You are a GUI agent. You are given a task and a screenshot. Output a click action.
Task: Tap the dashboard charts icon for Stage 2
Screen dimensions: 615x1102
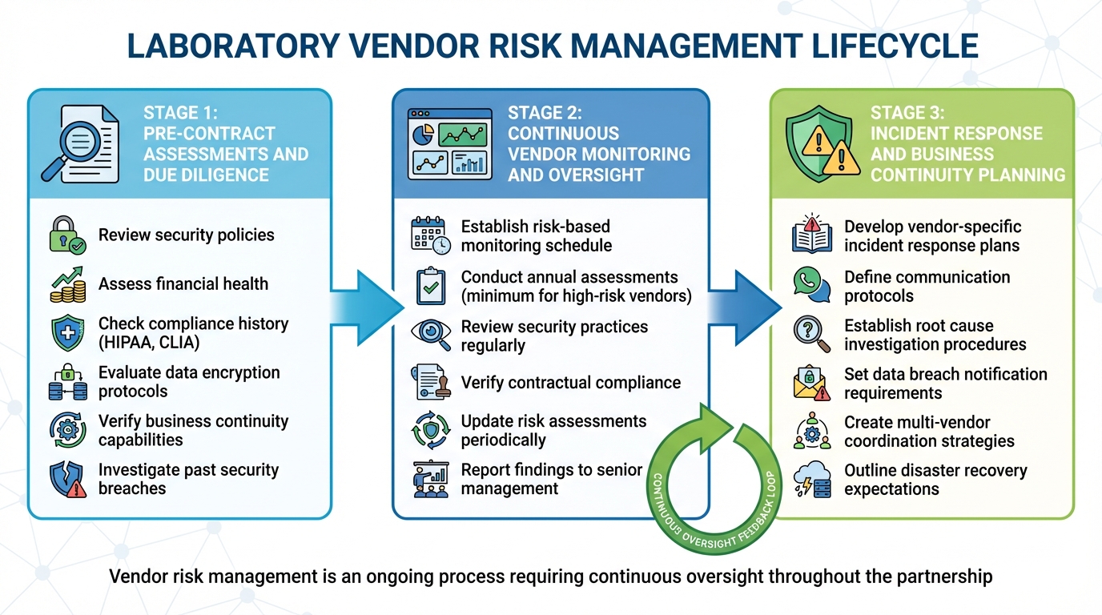click(448, 143)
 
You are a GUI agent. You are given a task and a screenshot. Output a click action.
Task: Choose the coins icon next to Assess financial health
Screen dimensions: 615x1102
click(67, 284)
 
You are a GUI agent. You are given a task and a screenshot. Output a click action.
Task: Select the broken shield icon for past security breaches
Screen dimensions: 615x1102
click(67, 480)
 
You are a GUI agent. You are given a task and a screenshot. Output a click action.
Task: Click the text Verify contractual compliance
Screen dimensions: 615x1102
click(570, 383)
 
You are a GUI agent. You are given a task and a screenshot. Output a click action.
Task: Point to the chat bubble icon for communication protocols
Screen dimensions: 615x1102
click(811, 286)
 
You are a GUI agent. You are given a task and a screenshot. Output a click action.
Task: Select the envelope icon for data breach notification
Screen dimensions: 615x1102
click(811, 384)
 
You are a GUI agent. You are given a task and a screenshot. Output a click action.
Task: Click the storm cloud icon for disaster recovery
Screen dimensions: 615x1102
click(811, 480)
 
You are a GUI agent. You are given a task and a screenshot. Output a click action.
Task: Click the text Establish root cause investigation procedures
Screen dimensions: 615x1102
click(935, 336)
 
